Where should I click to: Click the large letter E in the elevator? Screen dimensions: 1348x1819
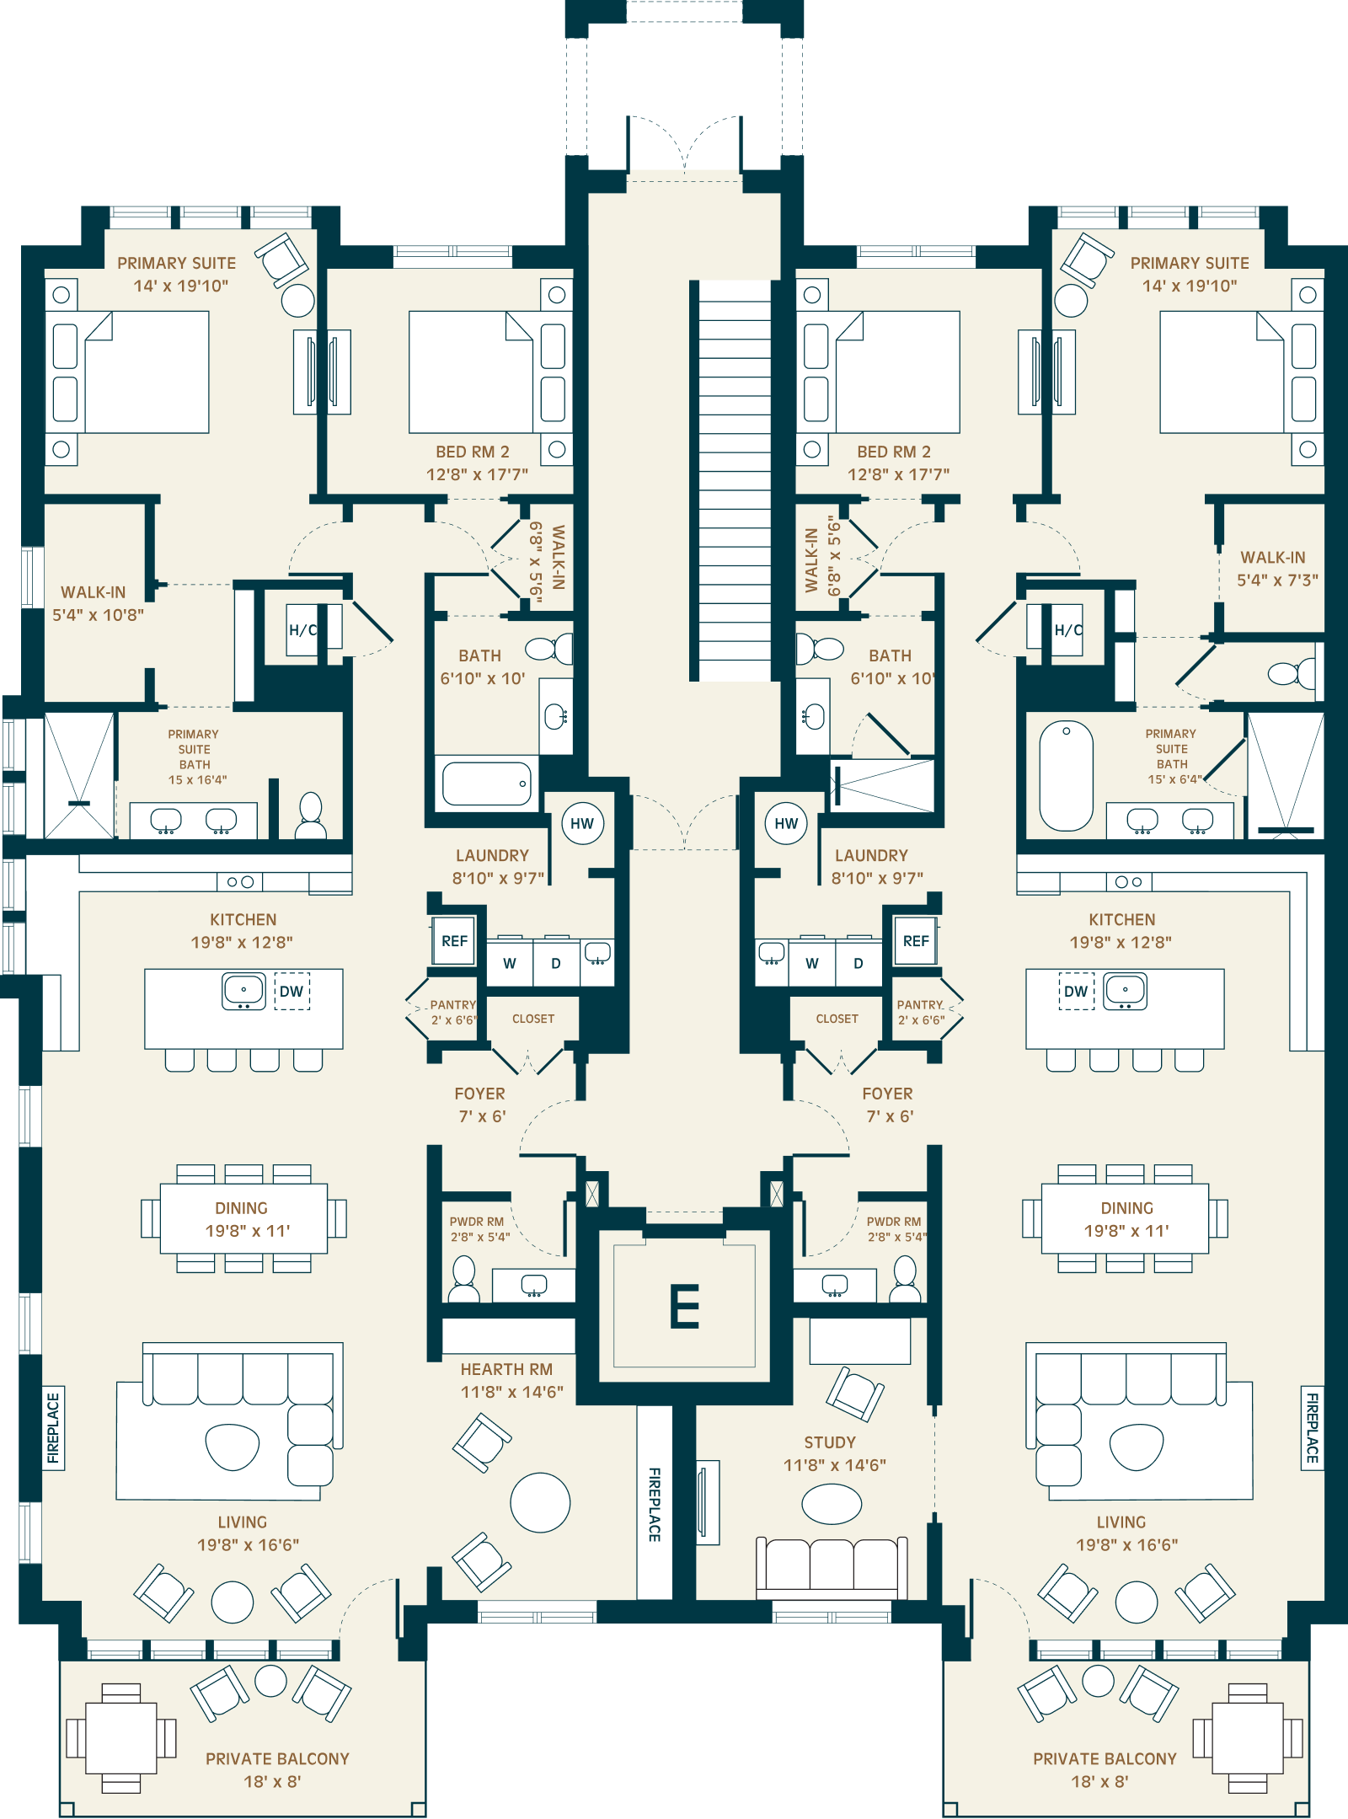click(x=684, y=1306)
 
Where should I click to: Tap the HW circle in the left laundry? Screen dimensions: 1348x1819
click(x=582, y=823)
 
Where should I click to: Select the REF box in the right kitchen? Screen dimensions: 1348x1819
click(x=916, y=941)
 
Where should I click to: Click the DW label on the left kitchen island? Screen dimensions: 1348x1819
click(x=292, y=991)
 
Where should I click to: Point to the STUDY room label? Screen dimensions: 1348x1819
click(x=830, y=1442)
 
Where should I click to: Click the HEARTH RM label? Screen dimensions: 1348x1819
click(x=506, y=1369)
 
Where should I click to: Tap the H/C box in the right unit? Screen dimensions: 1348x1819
click(x=1067, y=629)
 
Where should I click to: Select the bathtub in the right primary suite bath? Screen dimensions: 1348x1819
click(x=1066, y=775)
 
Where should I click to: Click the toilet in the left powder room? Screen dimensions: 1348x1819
click(x=463, y=1279)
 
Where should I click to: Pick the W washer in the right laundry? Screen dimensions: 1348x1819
click(x=812, y=963)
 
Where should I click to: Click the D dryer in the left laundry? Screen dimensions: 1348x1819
click(x=556, y=963)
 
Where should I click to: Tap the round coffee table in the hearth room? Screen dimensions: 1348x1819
click(x=540, y=1502)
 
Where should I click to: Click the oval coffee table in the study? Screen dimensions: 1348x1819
click(x=832, y=1504)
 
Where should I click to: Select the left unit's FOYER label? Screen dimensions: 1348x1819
click(x=480, y=1094)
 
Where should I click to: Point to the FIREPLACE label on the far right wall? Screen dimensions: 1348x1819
click(x=1312, y=1428)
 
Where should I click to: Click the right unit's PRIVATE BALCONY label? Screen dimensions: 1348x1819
click(x=1105, y=1758)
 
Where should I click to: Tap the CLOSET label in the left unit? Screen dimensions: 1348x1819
click(x=533, y=1019)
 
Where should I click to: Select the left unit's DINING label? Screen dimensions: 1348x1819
click(x=241, y=1208)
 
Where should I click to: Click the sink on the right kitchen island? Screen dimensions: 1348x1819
click(x=1125, y=992)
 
